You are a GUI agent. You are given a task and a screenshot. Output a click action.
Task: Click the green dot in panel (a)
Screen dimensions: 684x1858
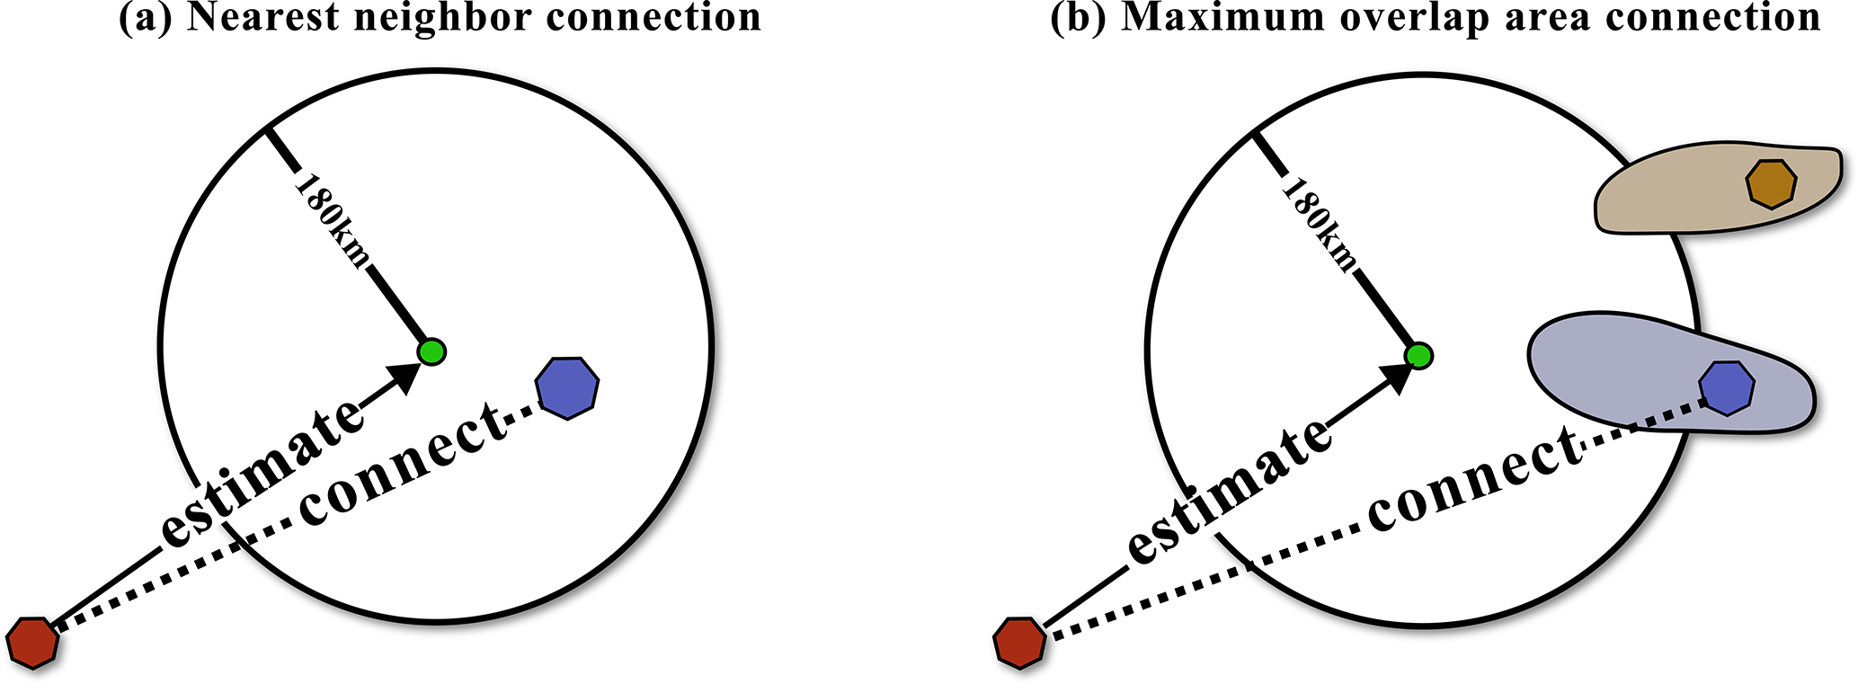click(x=432, y=351)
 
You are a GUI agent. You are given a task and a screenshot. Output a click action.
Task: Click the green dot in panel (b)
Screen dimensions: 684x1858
click(x=1418, y=356)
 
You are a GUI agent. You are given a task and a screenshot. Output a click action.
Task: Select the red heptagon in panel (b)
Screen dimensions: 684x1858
click(x=1019, y=643)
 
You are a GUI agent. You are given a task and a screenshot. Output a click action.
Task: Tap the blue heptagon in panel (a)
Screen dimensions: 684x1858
click(x=567, y=386)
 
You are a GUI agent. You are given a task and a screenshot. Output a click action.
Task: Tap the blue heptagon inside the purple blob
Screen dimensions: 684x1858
click(x=1727, y=388)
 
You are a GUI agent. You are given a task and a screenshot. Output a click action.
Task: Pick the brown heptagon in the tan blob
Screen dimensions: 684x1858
click(x=1771, y=184)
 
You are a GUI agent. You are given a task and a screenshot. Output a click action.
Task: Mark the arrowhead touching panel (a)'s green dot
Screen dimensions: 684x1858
click(x=404, y=376)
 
